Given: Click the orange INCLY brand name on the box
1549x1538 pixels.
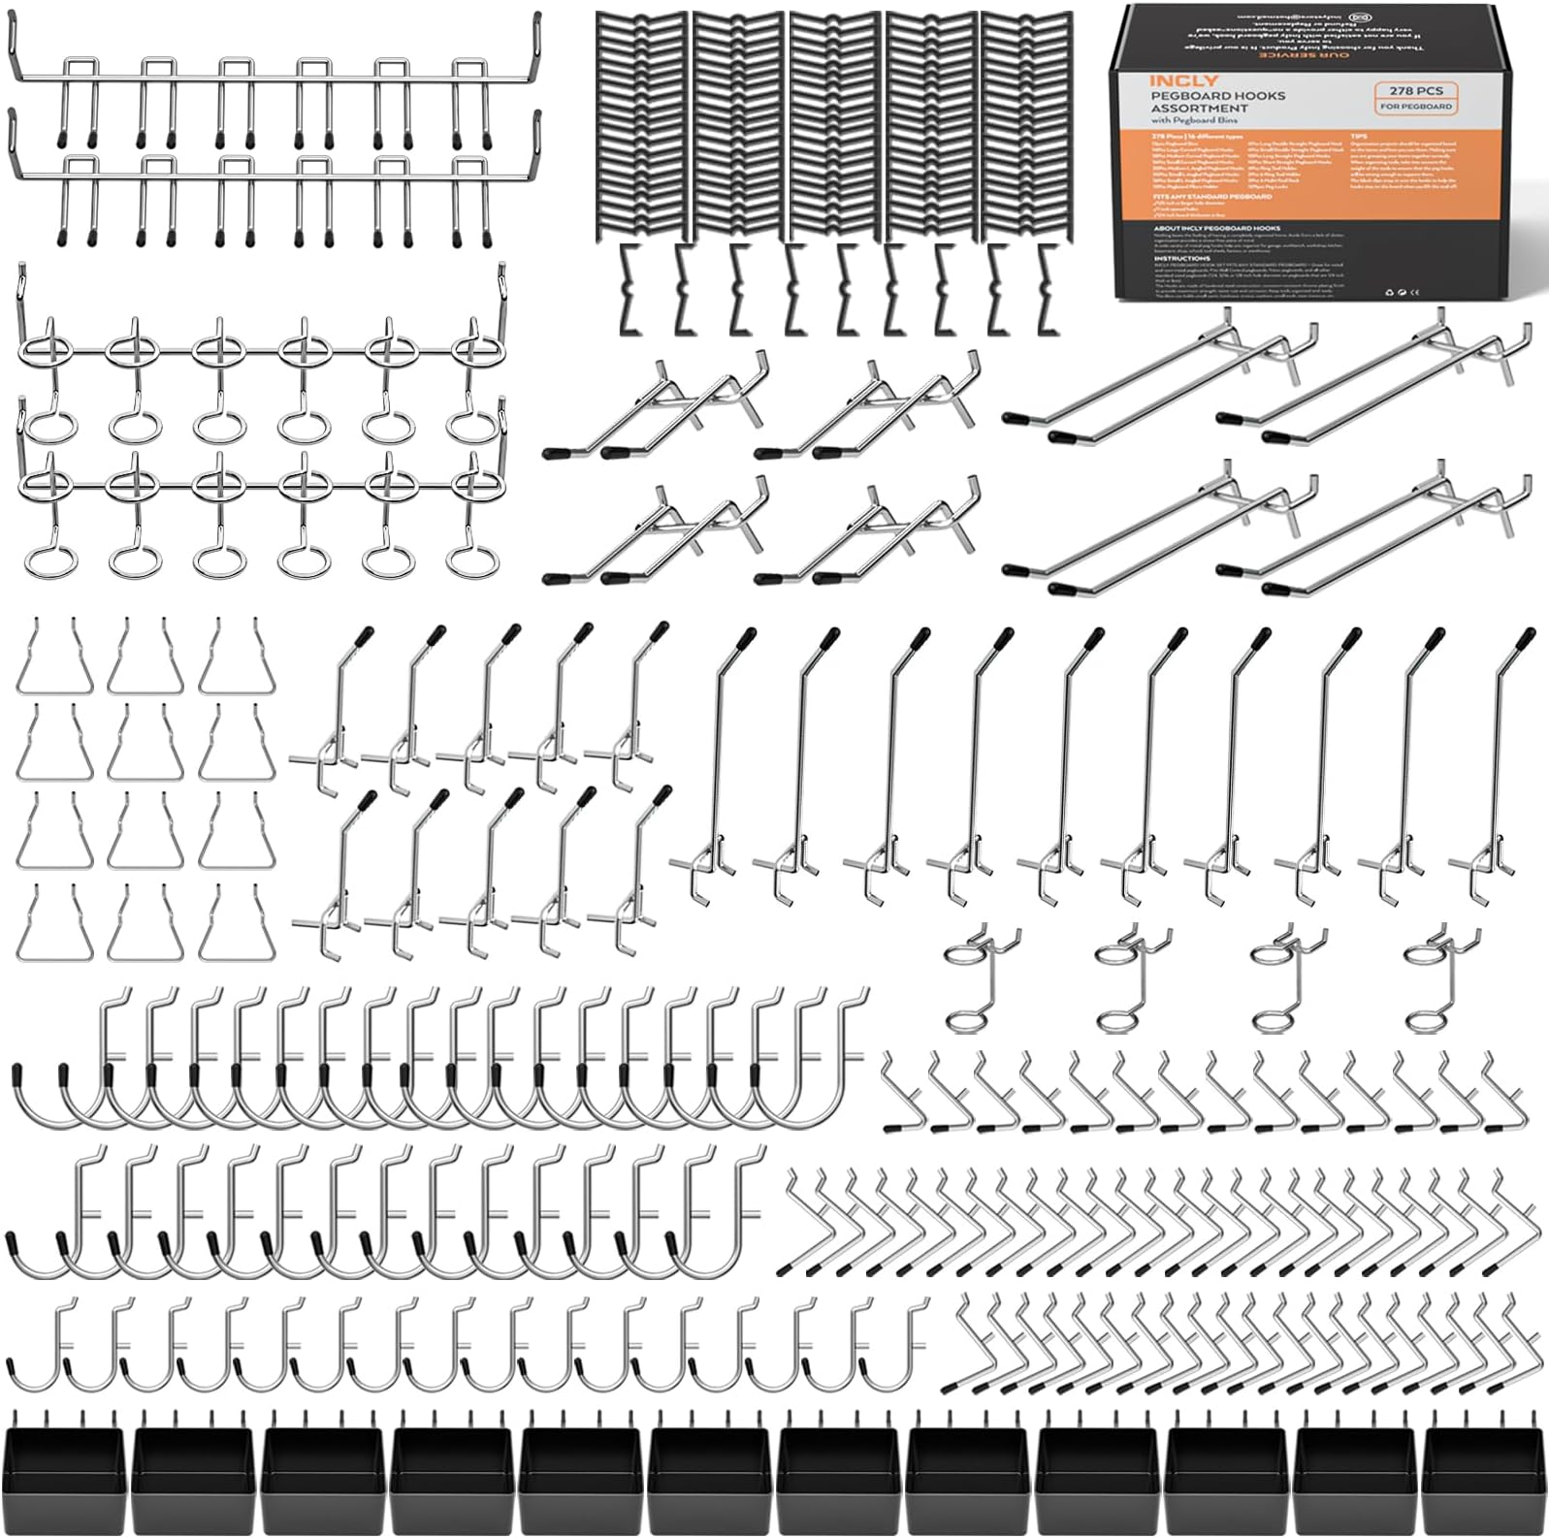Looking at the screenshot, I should [1183, 80].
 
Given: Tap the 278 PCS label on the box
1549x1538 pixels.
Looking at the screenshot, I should [1415, 90].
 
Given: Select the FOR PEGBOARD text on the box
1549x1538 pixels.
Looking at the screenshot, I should [1416, 106].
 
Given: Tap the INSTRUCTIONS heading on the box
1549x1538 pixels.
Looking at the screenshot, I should [1182, 258].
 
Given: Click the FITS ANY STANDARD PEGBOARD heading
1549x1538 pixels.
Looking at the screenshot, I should [1211, 196].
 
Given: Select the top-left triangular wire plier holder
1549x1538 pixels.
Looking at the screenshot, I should [53, 659].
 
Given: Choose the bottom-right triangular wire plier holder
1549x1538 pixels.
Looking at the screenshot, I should [237, 926].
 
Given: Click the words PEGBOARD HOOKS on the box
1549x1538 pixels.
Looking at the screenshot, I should [1217, 96].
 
